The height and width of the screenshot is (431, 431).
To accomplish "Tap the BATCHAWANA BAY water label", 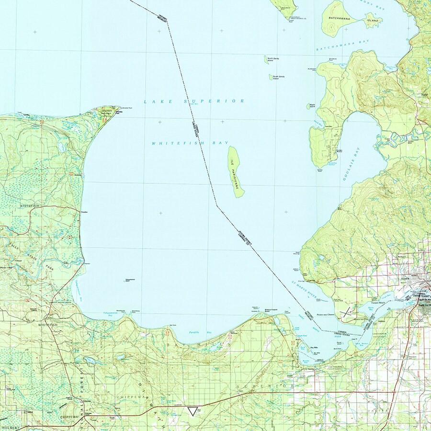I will coord(337,47).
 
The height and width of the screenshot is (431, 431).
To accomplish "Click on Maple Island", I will coord(309,106).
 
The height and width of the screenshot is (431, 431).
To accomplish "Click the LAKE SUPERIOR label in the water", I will coord(194,102).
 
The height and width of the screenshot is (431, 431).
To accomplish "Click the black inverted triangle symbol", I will coord(192,411).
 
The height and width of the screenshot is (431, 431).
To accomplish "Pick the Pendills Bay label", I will coord(193,331).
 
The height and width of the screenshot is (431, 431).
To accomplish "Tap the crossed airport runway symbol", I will coord(345,313).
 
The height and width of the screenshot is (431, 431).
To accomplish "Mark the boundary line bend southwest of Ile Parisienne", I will coord(216,206).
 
